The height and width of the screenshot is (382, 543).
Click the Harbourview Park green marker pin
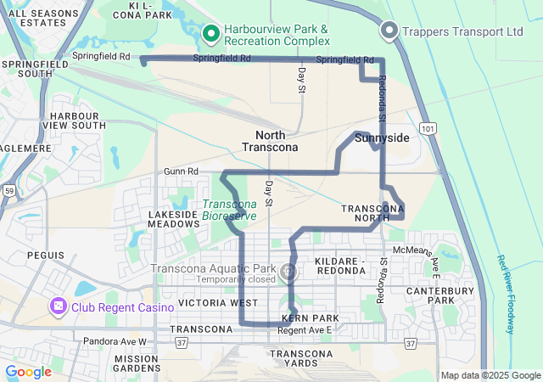point(211,34)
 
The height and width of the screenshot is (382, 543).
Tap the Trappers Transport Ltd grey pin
point(389,31)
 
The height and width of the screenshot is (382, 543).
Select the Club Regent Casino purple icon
point(59,306)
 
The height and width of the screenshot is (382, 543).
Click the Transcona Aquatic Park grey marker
point(288,272)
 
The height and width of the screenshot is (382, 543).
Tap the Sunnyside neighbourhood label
point(382,138)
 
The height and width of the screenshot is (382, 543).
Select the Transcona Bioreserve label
point(229,210)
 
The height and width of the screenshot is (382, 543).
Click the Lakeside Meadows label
point(172,221)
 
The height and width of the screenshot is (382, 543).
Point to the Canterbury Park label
point(453,295)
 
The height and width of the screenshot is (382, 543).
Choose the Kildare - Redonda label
point(339,265)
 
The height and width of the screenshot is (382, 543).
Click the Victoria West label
point(218,303)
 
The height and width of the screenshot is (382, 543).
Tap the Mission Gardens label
point(137,363)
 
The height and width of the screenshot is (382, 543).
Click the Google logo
point(28,372)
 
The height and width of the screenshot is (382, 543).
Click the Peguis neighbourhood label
point(45,255)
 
